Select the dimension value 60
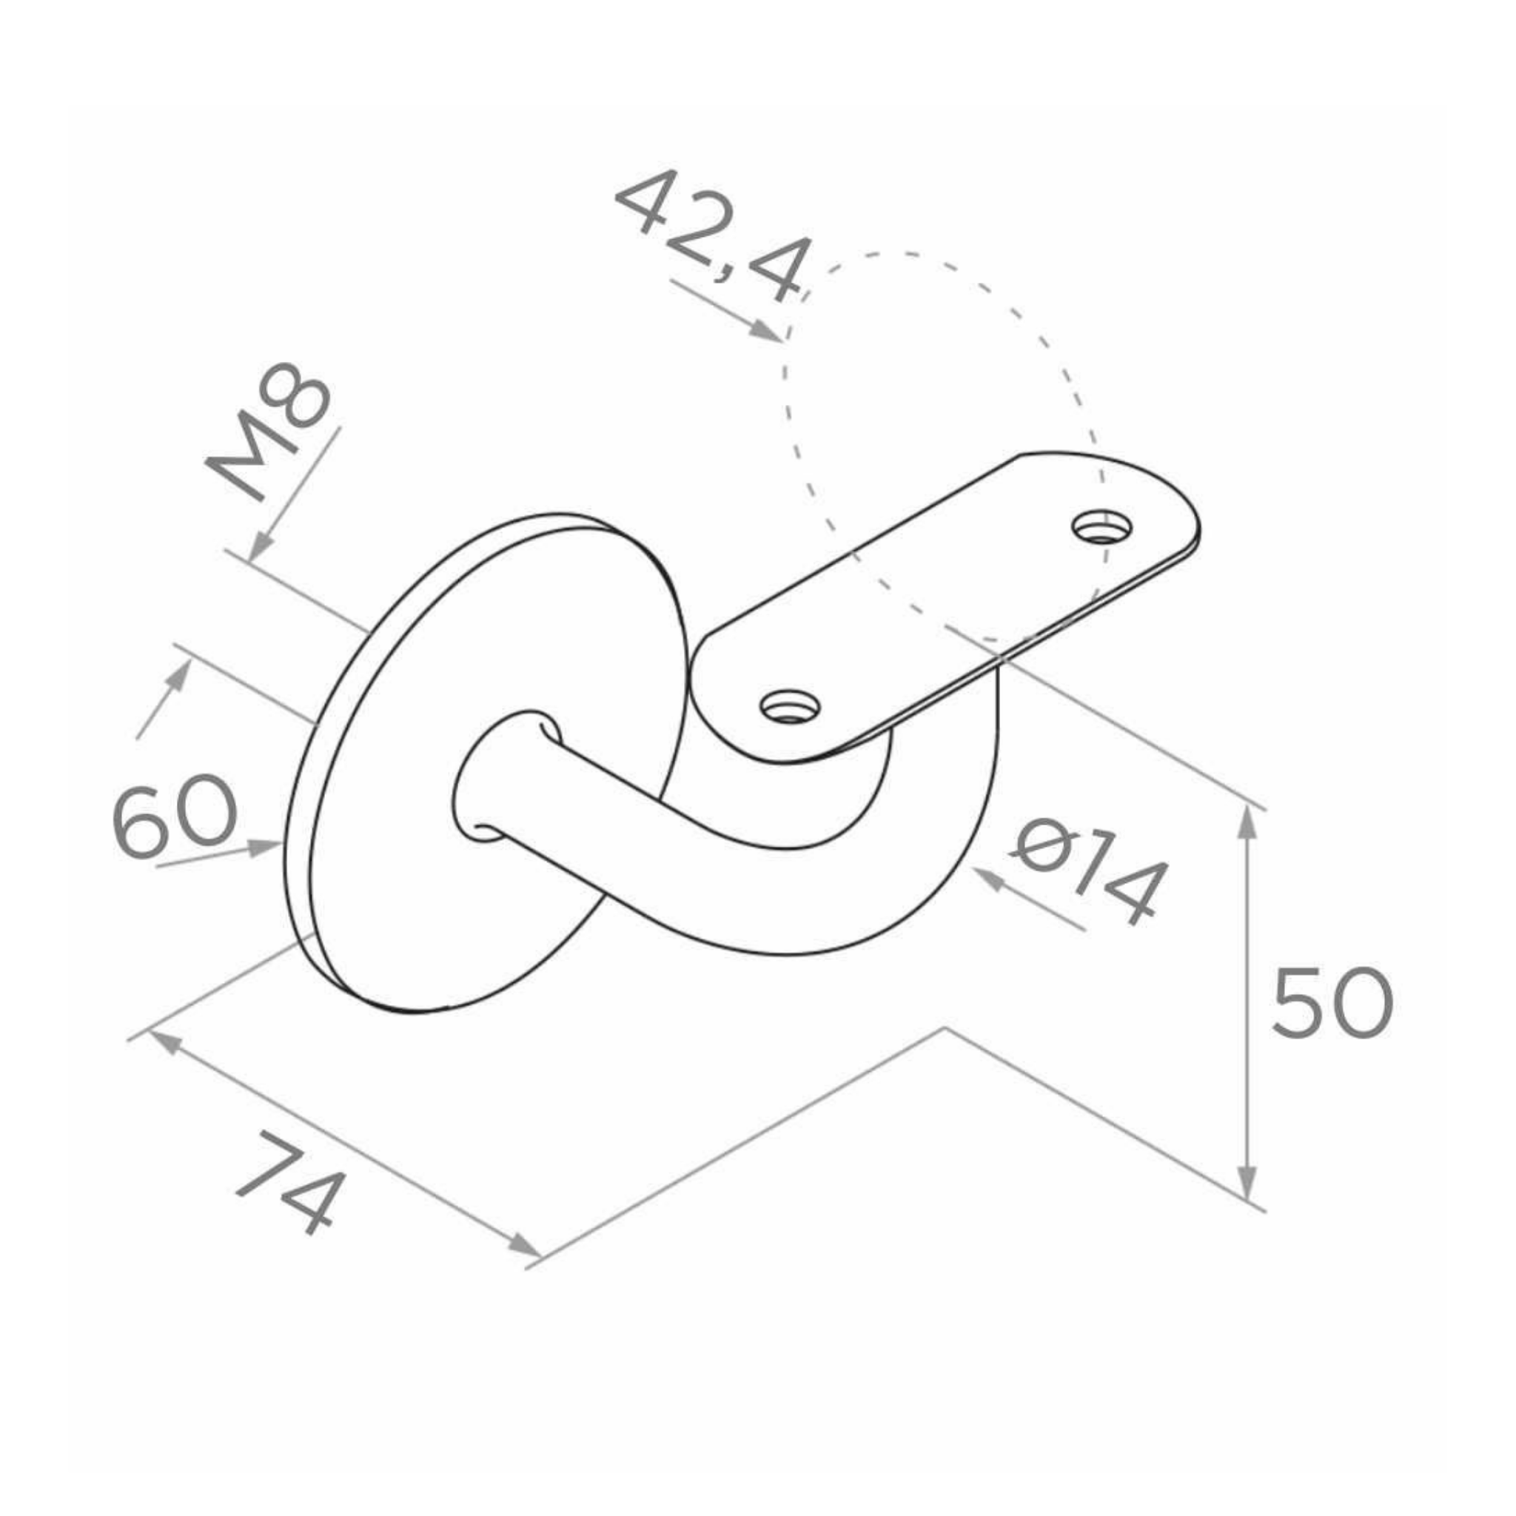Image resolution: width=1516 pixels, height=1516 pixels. (174, 816)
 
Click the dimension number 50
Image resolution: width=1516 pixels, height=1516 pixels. (1331, 1004)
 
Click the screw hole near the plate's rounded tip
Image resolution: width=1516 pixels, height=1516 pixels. (1103, 527)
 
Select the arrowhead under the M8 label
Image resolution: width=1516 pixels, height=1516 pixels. (262, 546)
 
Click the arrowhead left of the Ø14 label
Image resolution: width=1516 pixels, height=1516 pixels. (990, 880)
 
